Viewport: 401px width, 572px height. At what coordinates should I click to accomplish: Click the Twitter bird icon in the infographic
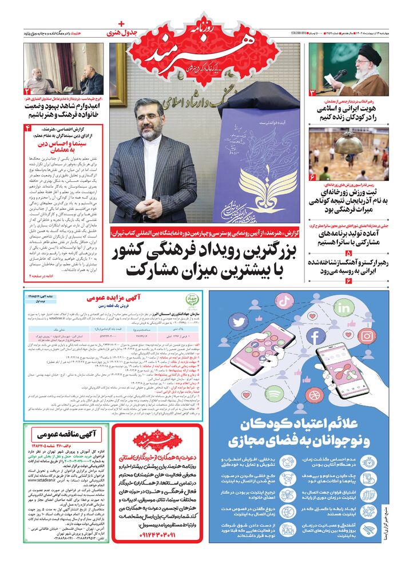pyautogui.click(x=238, y=321)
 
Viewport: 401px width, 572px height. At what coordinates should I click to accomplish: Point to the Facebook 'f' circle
pyautogui.click(x=315, y=336)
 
